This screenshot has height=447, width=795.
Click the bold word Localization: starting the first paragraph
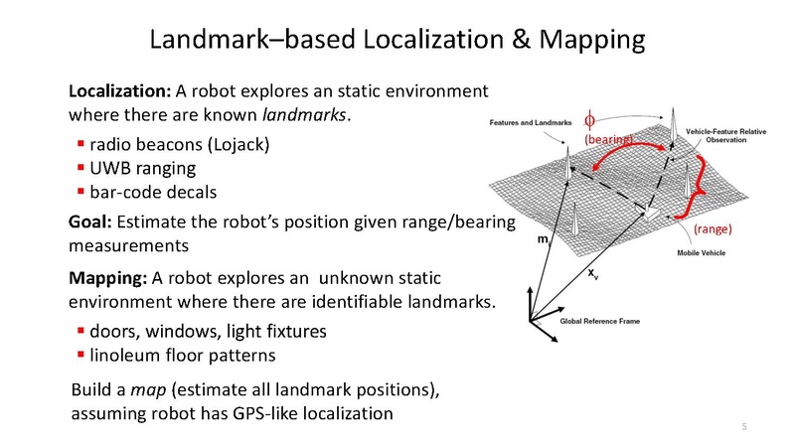coord(119,91)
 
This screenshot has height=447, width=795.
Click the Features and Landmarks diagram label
coord(527,122)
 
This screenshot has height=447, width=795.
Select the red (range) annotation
coord(713,228)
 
